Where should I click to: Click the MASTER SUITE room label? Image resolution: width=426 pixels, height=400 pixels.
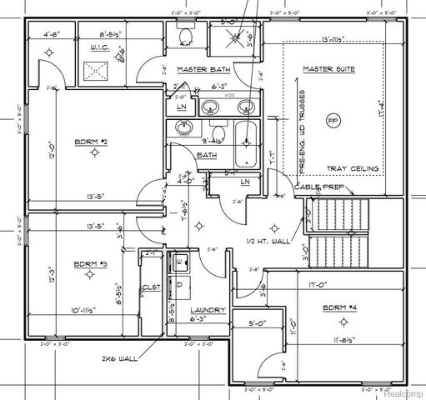tap(328, 70)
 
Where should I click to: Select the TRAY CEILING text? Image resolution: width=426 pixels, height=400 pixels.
tap(353, 168)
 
